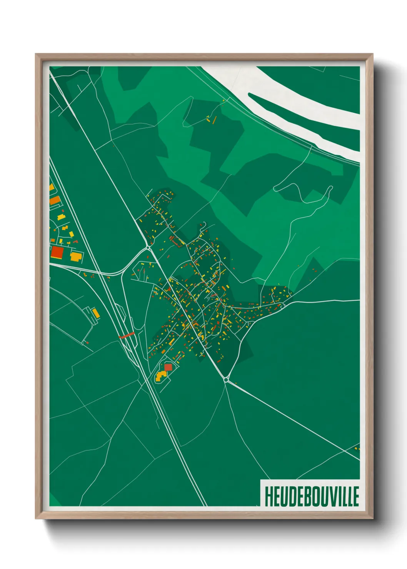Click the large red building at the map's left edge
pyautogui.click(x=57, y=253)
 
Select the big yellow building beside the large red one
pyautogui.click(x=76, y=256)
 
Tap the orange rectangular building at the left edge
pyautogui.click(x=55, y=200)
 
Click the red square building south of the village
pyautogui.click(x=168, y=367)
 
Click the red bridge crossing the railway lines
pyautogui.click(x=126, y=335)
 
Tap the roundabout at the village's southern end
pyautogui.click(x=226, y=380)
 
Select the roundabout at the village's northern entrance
pyautogui.click(x=148, y=248)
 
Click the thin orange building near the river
pyautogui.click(x=214, y=120)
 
